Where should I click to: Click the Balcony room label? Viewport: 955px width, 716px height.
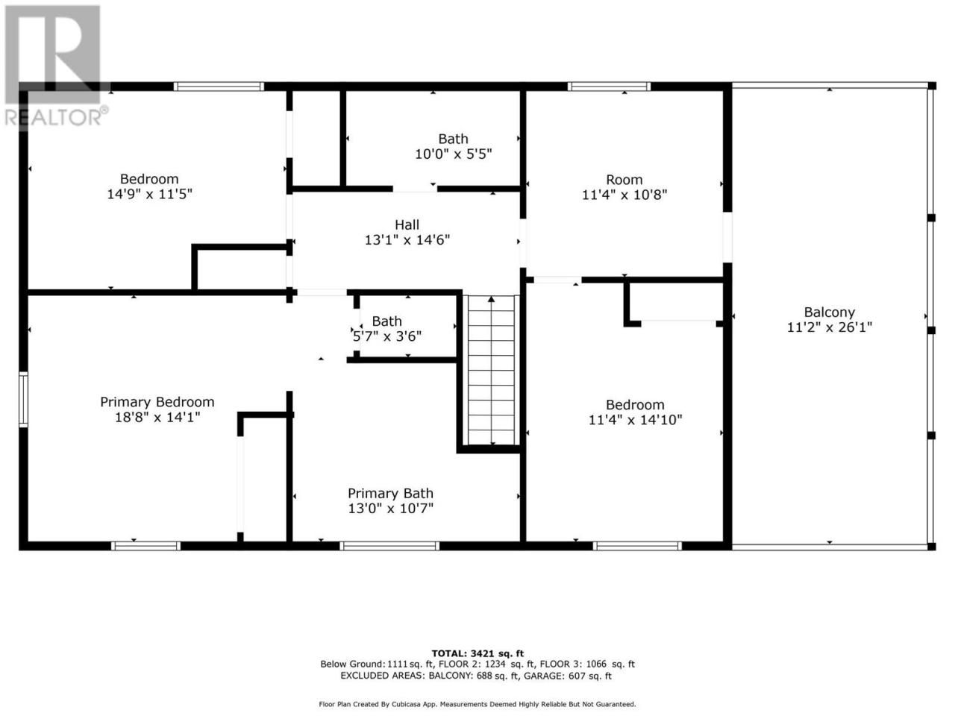829,313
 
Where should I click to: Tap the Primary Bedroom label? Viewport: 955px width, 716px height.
157,402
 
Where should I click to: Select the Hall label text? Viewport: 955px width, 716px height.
407,224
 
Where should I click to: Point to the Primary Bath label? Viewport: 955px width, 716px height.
390,494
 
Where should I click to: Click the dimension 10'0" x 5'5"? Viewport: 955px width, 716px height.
453,154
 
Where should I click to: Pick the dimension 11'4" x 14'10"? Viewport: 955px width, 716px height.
635,420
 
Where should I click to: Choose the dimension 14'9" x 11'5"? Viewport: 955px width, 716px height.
149,194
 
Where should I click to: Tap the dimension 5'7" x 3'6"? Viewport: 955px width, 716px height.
386,336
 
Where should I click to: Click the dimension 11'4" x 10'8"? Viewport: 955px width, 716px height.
624,195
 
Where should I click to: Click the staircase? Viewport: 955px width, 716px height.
491,370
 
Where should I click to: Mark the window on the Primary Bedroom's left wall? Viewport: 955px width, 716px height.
23,400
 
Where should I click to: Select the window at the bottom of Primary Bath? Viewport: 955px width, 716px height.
389,546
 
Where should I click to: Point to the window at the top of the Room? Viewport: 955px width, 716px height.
609,86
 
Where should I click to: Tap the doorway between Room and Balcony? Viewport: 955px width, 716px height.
727,237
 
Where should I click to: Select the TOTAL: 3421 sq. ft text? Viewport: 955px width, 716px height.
477,653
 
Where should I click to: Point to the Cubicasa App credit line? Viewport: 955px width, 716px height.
477,704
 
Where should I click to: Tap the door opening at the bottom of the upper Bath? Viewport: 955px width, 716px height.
415,189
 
